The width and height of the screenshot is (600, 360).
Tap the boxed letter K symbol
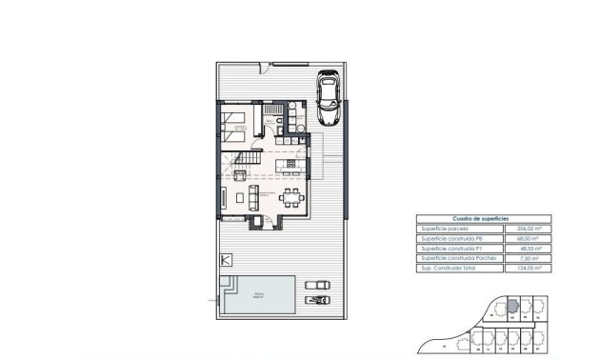tap(226, 259)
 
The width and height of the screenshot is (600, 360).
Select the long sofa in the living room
tap(252, 198)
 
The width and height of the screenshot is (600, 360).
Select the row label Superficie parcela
tap(444, 229)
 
